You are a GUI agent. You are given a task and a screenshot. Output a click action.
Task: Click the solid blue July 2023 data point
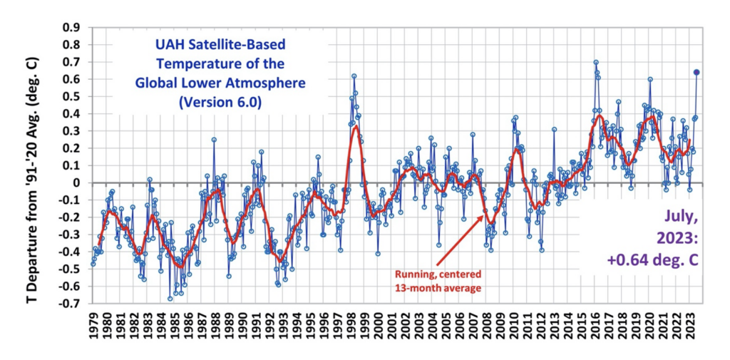[696, 72]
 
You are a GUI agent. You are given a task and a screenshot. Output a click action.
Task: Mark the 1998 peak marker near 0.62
[354, 76]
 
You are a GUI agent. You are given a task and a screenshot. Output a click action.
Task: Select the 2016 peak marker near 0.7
[596, 62]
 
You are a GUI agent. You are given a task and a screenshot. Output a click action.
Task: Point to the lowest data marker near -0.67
[170, 299]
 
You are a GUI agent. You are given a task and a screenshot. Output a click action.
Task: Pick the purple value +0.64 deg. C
[652, 261]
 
